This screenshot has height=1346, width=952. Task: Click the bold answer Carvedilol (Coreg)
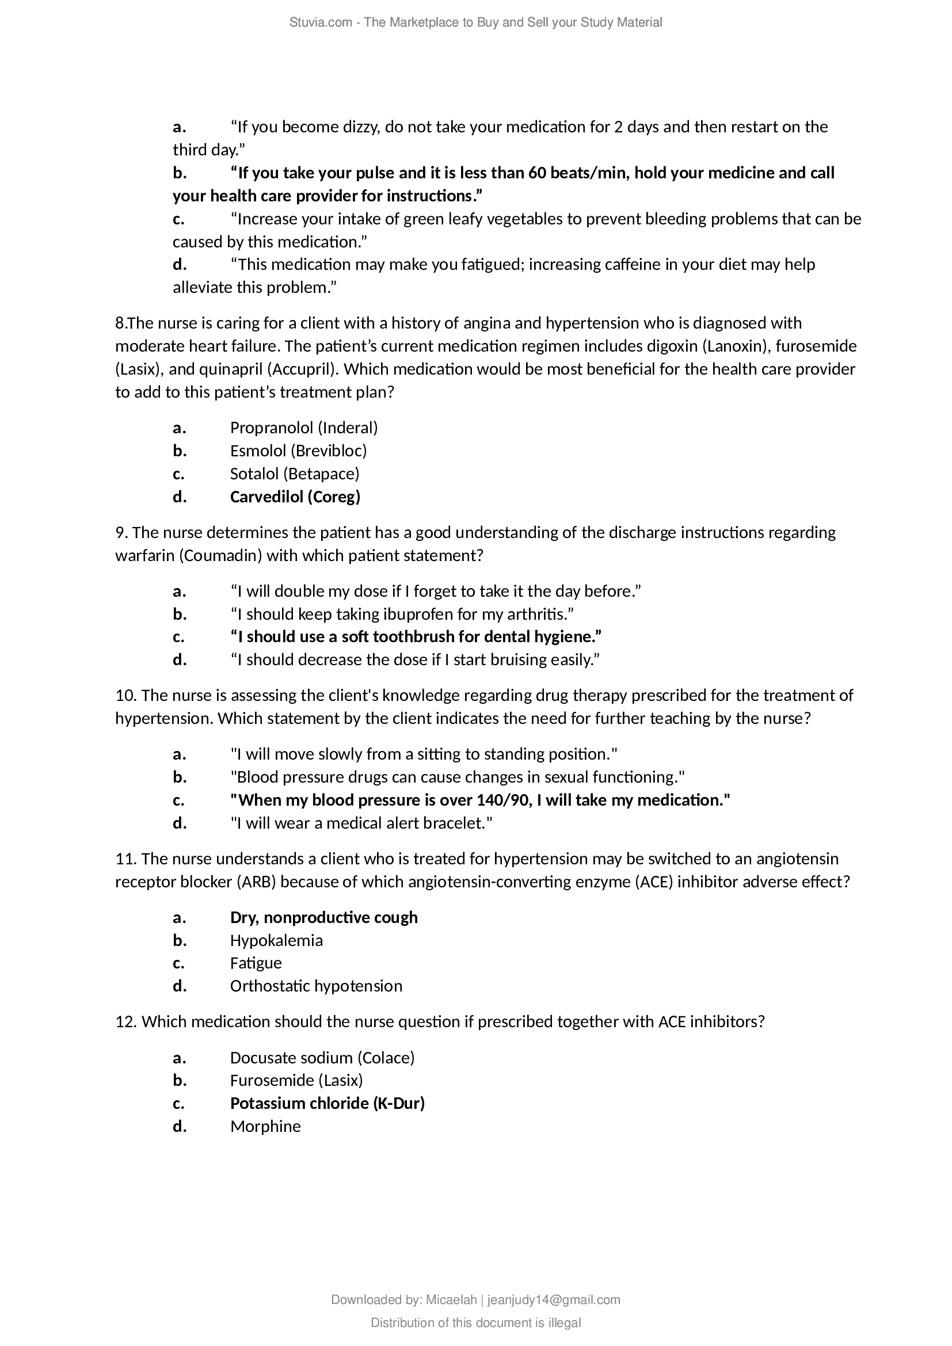coord(295,497)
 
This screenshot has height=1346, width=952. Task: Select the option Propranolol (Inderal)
coord(304,428)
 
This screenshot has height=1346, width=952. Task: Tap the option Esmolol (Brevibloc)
coord(298,450)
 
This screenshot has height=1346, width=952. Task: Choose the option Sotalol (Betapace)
coord(295,473)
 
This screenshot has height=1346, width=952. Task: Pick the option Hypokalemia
coord(276,940)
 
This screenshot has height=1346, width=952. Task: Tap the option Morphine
coord(265,1126)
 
